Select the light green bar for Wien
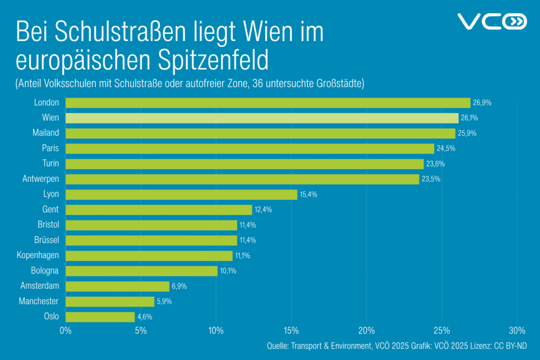click(262, 118)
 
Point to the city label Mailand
click(46, 133)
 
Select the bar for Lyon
click(181, 194)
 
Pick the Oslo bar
click(100, 317)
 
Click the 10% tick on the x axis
click(216, 331)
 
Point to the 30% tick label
click(517, 331)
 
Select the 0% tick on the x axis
click(65, 331)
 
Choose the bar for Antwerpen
click(243, 179)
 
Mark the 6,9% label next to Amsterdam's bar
click(180, 286)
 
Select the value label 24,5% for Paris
click(446, 149)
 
